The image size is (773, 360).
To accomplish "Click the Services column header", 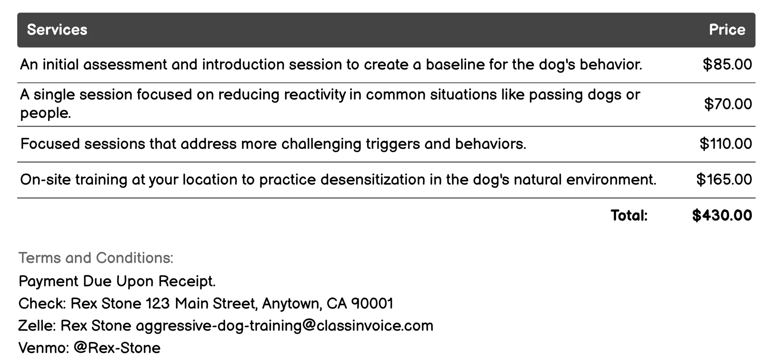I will (57, 30).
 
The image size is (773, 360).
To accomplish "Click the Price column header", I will (727, 30).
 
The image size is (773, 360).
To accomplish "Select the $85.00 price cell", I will (727, 65).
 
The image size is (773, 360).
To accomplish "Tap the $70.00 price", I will (727, 104).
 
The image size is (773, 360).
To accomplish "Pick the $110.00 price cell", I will (725, 144).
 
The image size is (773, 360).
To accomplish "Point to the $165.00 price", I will (724, 180).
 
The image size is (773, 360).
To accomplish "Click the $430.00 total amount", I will (722, 216).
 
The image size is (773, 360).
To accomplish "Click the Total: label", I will (629, 216).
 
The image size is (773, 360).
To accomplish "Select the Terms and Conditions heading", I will (96, 258).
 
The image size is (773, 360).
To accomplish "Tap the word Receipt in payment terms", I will (187, 282).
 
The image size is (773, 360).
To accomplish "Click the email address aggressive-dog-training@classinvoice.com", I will (284, 326).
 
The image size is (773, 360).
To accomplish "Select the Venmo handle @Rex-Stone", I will (117, 348).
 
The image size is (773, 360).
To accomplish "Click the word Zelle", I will (36, 326).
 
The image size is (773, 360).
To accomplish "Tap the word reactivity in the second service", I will (314, 95).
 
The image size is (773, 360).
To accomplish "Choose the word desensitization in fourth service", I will (373, 180).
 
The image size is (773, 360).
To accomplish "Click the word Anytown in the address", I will (292, 304).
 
